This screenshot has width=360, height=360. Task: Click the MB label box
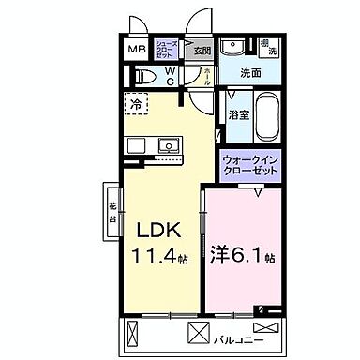tap(137, 50)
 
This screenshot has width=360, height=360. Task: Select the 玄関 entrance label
tap(201, 51)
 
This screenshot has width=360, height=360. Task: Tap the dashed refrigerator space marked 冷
tap(137, 106)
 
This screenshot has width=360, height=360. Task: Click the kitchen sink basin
tap(169, 145)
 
